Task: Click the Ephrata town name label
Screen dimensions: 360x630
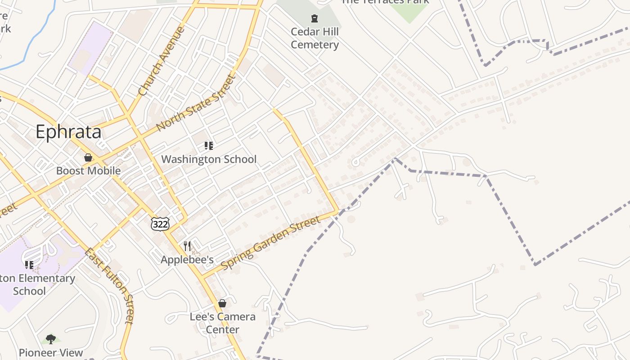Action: tap(68, 132)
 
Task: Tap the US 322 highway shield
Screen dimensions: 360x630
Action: tap(160, 224)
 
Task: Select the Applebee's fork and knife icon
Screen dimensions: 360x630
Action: tap(187, 246)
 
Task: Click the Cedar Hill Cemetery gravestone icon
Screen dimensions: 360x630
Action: tap(315, 18)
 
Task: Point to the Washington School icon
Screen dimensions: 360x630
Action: tap(208, 145)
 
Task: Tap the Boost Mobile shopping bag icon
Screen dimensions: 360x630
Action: tap(88, 157)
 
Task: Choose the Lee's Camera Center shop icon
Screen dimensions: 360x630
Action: tap(222, 303)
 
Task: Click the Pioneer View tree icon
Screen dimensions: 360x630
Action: tap(51, 338)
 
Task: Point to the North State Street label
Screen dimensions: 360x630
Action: tap(196, 103)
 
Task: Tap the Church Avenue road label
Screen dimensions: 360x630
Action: tap(162, 61)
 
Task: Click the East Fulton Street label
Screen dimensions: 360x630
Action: tap(109, 285)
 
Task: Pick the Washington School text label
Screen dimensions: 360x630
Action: tap(209, 159)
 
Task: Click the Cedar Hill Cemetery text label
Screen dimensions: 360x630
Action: tap(315, 38)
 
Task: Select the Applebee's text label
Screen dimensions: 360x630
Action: tap(187, 260)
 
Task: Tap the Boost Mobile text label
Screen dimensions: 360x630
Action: tap(88, 171)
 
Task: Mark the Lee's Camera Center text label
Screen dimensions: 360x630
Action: tap(222, 323)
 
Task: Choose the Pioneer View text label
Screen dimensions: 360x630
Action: tap(51, 352)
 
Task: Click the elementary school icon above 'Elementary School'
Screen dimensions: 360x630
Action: tap(29, 265)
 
